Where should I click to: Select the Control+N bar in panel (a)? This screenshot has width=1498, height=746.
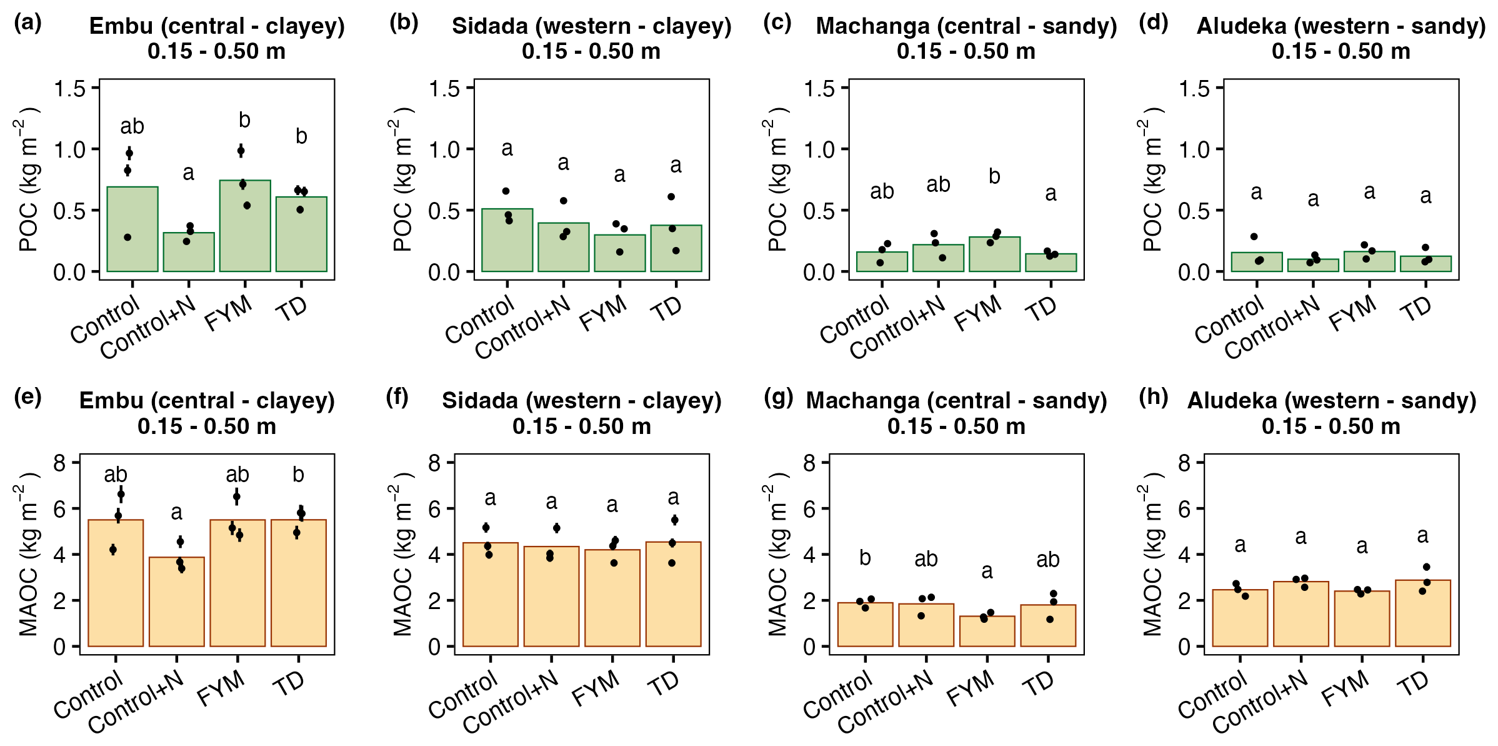tap(189, 253)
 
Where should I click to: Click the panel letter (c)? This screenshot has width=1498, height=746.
tap(777, 23)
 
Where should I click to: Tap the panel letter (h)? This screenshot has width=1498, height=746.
tap(1153, 398)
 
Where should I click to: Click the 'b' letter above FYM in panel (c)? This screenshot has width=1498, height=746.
tap(994, 177)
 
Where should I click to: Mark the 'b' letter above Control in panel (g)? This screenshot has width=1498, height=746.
tap(865, 557)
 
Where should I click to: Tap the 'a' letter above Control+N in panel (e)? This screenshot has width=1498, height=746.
tap(177, 513)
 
